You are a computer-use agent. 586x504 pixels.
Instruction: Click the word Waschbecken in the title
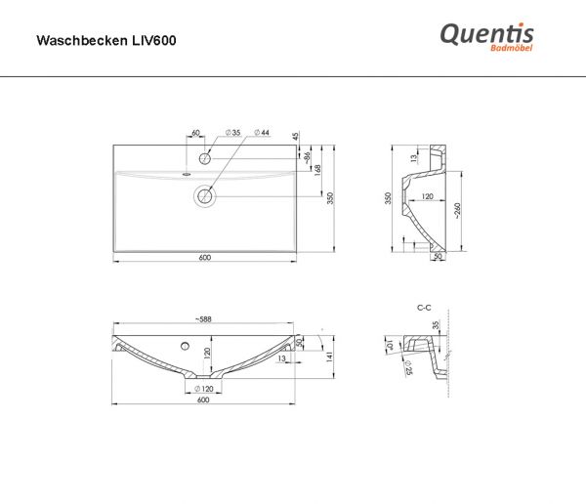[x=75, y=41]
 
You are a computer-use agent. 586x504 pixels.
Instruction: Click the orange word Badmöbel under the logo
[x=512, y=51]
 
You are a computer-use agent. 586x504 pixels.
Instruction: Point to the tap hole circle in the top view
[x=205, y=157]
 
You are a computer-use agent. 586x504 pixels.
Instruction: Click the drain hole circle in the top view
[x=205, y=196]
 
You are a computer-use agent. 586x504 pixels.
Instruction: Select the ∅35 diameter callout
[x=234, y=133]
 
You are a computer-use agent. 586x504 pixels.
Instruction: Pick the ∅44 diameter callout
[x=263, y=133]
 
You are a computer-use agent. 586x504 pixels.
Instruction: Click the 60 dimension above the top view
[x=195, y=133]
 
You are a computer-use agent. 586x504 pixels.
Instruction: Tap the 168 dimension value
[x=317, y=170]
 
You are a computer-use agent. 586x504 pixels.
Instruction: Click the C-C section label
[x=424, y=307]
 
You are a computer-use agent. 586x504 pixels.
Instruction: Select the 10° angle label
[x=390, y=344]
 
